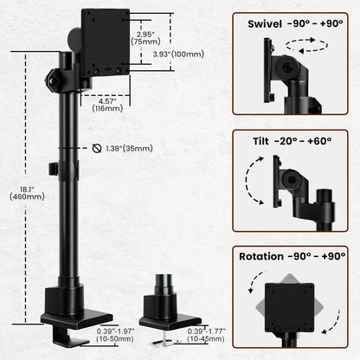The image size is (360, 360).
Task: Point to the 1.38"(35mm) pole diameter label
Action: pos(131,149)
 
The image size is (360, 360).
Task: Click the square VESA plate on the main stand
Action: pos(105,42)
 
